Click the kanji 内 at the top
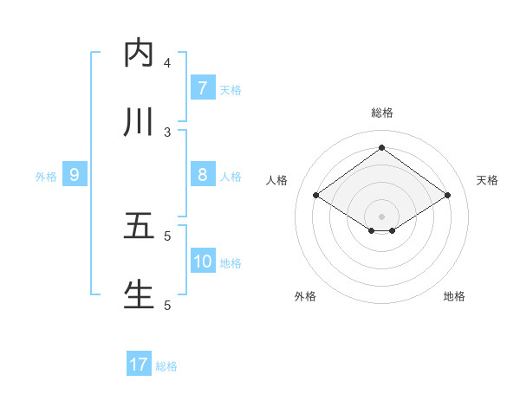[x=139, y=53]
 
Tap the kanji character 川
[x=139, y=122]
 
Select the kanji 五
[x=139, y=225]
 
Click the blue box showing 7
[x=202, y=87]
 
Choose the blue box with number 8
[x=202, y=175]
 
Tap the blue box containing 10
[x=203, y=262]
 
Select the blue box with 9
[x=75, y=175]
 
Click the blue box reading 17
[x=139, y=365]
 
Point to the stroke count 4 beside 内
[x=167, y=62]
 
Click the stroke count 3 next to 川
[x=167, y=132]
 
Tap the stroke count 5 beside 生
[x=167, y=305]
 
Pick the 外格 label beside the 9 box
[x=46, y=177]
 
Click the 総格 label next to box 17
[x=166, y=366]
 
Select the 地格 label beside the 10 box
[x=231, y=263]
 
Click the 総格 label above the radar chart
[x=382, y=113]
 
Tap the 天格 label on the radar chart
[x=487, y=180]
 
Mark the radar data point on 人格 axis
[x=316, y=196]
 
